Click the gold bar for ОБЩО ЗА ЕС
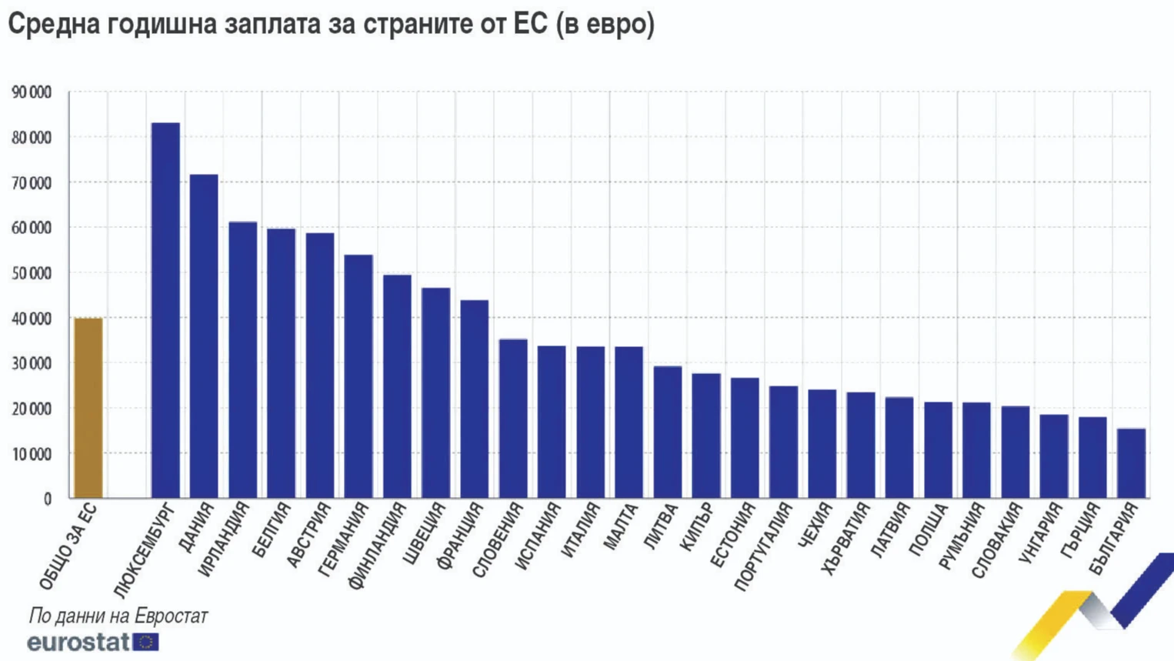point(88,408)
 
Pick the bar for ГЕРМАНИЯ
point(359,376)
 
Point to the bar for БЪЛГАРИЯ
point(1131,462)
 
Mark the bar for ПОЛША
point(938,449)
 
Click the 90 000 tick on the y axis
point(32,92)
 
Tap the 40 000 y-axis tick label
point(32,319)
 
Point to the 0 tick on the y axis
point(47,499)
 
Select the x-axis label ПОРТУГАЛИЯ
point(762,546)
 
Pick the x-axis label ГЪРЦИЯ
point(1080,531)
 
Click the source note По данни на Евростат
point(118,616)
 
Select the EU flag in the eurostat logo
point(145,642)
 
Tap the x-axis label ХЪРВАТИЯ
point(845,539)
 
